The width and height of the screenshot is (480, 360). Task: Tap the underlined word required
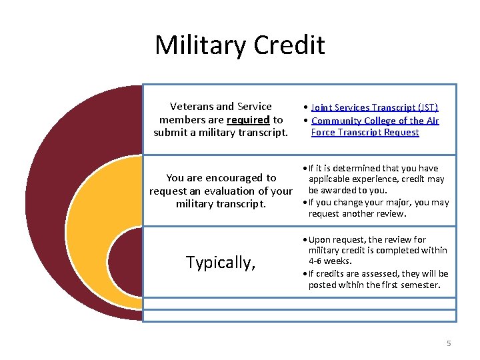(x=248, y=120)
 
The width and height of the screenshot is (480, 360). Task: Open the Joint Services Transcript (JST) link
(x=375, y=107)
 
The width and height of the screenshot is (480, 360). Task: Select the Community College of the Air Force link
(x=375, y=121)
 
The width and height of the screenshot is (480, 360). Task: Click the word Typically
(x=221, y=263)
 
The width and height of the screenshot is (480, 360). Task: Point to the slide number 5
(x=449, y=343)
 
